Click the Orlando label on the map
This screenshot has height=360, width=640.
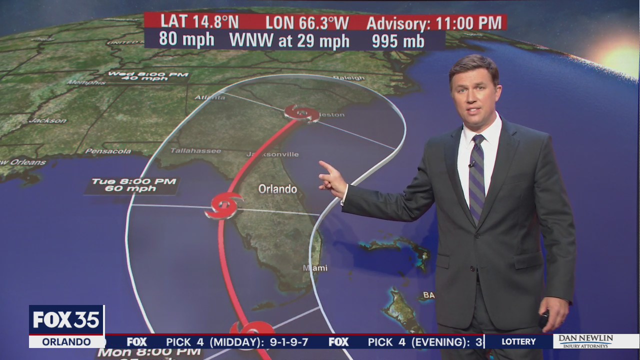[277, 189]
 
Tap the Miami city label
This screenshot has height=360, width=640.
[315, 268]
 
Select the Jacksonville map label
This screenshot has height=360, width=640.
[273, 154]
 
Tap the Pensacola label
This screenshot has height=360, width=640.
[108, 151]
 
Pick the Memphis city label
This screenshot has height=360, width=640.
[86, 82]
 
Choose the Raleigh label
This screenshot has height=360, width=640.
[349, 78]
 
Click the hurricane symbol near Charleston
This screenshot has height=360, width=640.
[301, 113]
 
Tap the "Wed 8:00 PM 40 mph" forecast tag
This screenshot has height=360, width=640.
[148, 76]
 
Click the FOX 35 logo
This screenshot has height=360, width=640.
[66, 320]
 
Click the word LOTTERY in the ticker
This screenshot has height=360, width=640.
[518, 342]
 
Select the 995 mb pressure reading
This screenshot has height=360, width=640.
[398, 41]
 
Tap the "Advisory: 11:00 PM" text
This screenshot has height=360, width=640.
[433, 22]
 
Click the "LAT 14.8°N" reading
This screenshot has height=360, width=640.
[199, 22]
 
